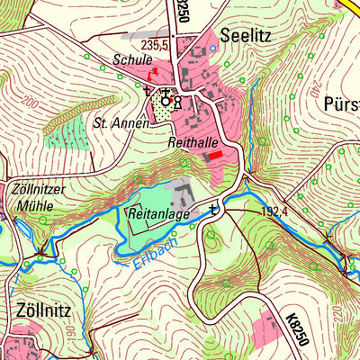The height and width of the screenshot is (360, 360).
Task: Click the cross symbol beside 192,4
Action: pyautogui.click(x=212, y=210)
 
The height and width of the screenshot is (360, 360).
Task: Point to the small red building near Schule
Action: pyautogui.click(x=155, y=70)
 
